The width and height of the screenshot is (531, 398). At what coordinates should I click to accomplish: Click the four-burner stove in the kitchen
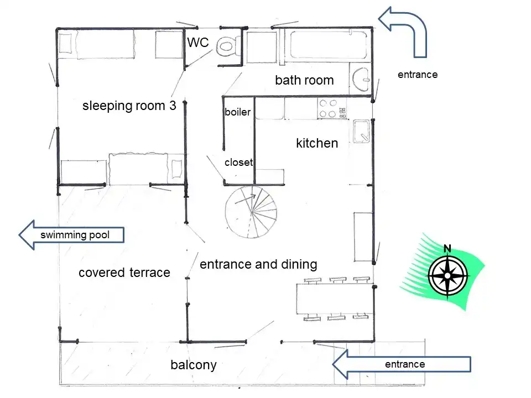point(332,108)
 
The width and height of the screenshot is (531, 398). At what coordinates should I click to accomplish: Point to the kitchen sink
point(361,131)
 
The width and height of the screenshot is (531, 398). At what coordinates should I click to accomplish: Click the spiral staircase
point(251,212)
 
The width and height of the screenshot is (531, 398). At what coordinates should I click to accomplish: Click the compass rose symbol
point(447,276)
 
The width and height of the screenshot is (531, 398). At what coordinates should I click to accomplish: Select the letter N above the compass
point(447,249)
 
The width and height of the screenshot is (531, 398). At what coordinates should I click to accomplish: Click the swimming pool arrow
point(71,235)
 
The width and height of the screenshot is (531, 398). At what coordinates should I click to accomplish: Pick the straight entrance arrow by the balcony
point(402,364)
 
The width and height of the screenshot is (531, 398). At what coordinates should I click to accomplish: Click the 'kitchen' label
point(317,143)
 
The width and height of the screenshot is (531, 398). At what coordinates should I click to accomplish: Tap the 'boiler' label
point(238,112)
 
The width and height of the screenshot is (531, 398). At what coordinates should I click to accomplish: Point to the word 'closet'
point(239,163)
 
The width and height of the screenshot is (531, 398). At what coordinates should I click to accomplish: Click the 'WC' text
point(198,43)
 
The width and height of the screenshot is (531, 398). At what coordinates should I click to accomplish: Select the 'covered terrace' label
point(124,273)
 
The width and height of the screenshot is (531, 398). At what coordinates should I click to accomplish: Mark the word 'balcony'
point(194,365)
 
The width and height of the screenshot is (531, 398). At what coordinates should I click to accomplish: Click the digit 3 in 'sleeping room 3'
point(173,106)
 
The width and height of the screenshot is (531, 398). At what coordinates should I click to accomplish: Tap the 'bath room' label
point(304,80)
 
